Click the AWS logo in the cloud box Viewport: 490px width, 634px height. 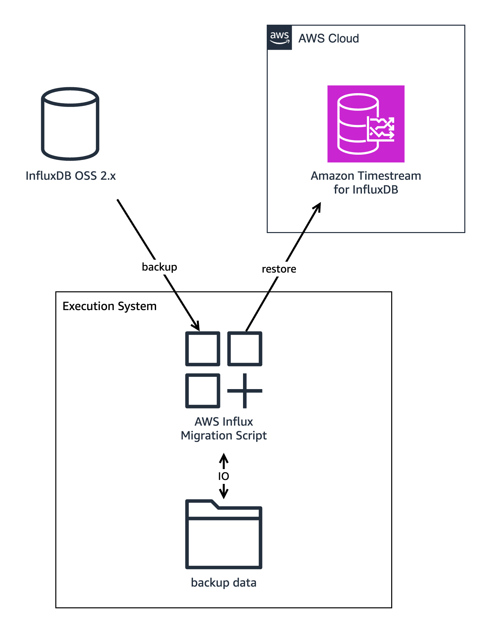click(x=279, y=38)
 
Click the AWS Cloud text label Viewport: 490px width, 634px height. click(x=328, y=39)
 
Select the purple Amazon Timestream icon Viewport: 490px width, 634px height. click(x=366, y=124)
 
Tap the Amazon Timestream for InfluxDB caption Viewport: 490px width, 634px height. click(x=366, y=183)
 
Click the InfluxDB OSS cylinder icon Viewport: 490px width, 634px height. click(x=70, y=124)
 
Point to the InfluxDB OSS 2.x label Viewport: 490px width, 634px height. click(x=70, y=176)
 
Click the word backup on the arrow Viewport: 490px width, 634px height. click(x=159, y=267)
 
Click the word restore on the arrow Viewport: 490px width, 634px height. click(x=279, y=269)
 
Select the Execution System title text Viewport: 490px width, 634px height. click(x=109, y=306)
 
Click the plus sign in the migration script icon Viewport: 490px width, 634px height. click(x=245, y=391)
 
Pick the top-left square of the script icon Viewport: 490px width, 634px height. click(x=203, y=349)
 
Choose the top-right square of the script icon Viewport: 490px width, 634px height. click(x=245, y=349)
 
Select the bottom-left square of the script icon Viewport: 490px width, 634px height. click(x=203, y=391)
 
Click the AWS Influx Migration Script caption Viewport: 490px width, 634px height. click(x=224, y=429)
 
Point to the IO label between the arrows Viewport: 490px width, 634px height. click(x=224, y=476)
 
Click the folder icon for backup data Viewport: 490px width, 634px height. click(x=224, y=535)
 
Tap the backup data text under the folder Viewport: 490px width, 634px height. click(x=224, y=583)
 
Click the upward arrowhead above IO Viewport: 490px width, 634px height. click(x=224, y=457)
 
